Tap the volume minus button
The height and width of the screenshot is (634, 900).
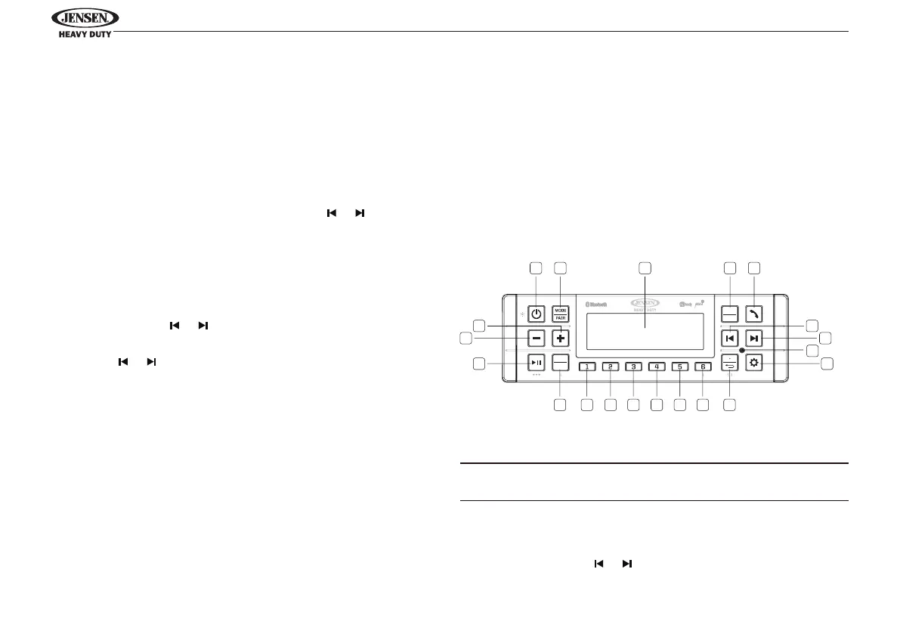point(536,338)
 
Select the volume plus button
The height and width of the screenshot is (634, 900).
point(559,338)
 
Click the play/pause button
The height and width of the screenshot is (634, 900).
point(536,363)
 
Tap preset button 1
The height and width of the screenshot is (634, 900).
point(587,367)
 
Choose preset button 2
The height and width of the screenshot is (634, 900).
point(611,367)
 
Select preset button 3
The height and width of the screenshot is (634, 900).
point(633,367)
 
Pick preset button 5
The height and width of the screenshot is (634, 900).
point(679,367)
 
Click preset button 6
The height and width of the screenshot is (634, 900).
point(703,367)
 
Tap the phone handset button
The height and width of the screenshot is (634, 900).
point(754,314)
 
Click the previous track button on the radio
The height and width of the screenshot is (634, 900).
point(730,338)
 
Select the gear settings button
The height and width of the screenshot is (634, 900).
point(754,363)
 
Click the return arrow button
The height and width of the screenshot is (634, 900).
point(730,363)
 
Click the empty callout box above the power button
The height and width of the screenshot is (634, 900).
point(536,268)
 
